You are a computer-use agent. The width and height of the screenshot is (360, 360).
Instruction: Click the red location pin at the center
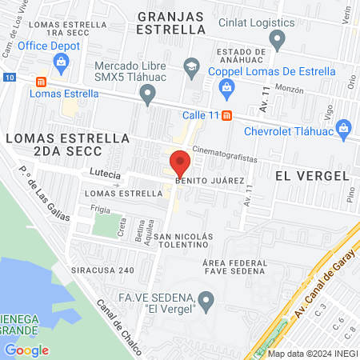(x=180, y=164)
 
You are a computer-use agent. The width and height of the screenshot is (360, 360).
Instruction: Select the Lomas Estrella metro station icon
(x=41, y=81)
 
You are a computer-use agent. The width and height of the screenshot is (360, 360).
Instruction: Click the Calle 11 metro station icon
(x=227, y=114)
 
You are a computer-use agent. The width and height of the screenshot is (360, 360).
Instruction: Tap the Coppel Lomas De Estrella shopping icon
(x=226, y=86)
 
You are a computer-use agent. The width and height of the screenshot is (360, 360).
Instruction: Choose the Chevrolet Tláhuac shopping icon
(x=344, y=126)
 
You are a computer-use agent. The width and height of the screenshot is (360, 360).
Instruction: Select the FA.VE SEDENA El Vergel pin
(x=207, y=301)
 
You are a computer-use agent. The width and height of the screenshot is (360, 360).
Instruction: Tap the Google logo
(x=26, y=350)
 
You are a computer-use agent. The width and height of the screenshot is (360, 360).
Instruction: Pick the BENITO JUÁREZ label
(x=209, y=182)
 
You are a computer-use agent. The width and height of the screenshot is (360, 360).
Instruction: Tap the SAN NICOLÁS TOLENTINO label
(x=184, y=242)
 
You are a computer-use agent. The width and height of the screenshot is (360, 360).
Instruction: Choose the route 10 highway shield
(x=8, y=77)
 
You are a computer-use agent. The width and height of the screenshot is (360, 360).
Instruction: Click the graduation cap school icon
(x=191, y=66)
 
